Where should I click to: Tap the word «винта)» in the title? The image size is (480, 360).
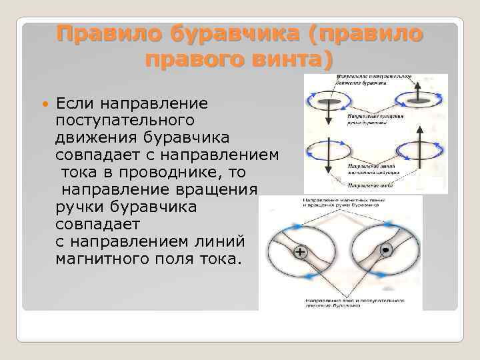(x=293, y=59)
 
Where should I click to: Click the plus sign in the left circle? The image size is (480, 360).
(x=300, y=253)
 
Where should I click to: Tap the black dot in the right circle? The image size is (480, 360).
(x=385, y=249)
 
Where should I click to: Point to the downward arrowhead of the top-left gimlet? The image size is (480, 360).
(x=329, y=121)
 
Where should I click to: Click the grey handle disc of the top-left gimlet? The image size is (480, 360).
(x=329, y=102)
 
